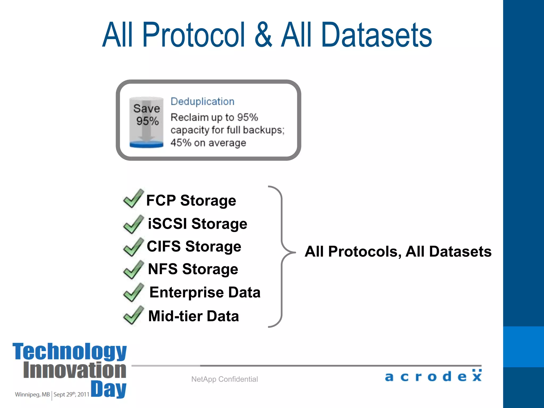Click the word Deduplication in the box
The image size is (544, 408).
click(202, 102)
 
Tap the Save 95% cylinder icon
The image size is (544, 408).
click(146, 122)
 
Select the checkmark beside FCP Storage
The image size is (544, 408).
click(133, 199)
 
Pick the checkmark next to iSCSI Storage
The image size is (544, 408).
click(133, 225)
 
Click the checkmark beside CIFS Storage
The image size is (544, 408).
click(133, 247)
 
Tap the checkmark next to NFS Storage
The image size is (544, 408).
click(133, 270)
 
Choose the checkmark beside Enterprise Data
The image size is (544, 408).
click(133, 293)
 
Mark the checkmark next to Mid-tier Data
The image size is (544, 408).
click(133, 316)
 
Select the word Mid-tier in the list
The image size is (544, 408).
click(175, 316)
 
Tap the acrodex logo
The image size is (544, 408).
click(433, 376)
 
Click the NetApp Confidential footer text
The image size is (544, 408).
click(224, 379)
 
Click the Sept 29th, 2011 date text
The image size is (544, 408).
click(71, 394)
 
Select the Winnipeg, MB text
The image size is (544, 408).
click(32, 394)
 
